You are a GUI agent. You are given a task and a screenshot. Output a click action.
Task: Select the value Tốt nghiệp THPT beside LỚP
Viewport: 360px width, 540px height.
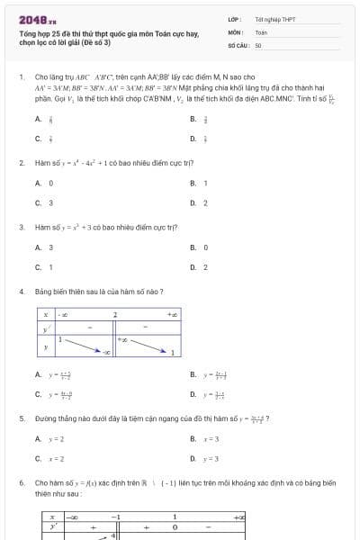point(274,18)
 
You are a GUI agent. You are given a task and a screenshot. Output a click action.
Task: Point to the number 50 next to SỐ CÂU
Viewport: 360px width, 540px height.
point(258,44)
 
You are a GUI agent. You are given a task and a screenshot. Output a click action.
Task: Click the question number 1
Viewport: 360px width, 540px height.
point(22,77)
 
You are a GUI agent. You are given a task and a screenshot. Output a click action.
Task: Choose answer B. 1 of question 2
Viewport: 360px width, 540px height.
point(199,183)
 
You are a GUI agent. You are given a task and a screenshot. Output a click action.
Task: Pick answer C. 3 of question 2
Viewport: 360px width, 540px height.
point(44,202)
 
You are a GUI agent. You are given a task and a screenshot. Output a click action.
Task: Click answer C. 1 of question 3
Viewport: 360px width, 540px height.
point(44,267)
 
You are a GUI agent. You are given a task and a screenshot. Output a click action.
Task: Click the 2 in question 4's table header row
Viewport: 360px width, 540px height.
point(115,314)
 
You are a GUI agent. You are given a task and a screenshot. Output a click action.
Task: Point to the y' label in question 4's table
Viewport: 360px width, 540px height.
point(45,330)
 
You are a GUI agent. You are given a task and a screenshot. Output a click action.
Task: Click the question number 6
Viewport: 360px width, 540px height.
point(22,483)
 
